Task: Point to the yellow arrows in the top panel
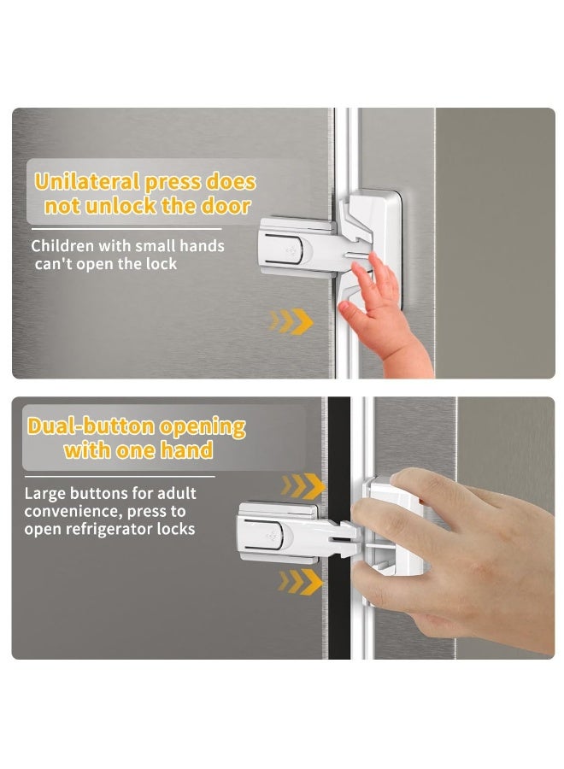291,321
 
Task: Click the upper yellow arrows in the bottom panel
303,486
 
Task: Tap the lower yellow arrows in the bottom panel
303,582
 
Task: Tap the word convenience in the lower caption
71,512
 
